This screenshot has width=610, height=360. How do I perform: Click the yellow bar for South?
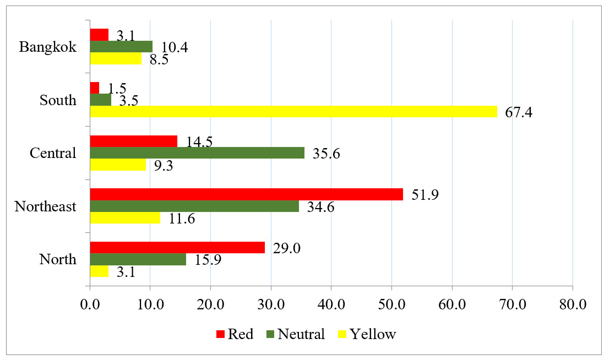coord(293,111)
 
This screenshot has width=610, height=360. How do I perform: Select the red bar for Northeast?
coord(246,194)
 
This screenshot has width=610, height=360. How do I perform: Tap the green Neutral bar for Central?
coord(197,152)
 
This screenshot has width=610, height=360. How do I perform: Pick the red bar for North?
coord(177,247)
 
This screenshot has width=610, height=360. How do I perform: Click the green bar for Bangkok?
coord(121,46)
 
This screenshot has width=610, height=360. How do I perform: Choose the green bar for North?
coord(138,259)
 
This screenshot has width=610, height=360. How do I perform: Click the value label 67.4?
coord(519,113)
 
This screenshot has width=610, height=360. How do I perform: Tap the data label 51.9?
coord(424,195)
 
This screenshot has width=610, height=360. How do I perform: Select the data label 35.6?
coord(326,154)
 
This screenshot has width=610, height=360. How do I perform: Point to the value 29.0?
coord(286,248)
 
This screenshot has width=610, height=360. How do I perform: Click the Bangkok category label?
coord(47,47)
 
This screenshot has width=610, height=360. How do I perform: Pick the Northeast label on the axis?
coord(45,207)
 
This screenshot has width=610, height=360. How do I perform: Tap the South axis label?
coord(58,100)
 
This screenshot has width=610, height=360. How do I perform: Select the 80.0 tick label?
coord(573,304)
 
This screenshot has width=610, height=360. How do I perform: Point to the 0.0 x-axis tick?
coord(90,304)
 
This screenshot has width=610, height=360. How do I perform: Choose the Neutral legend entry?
coord(295,334)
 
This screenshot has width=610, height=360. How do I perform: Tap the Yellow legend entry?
coord(366,334)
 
